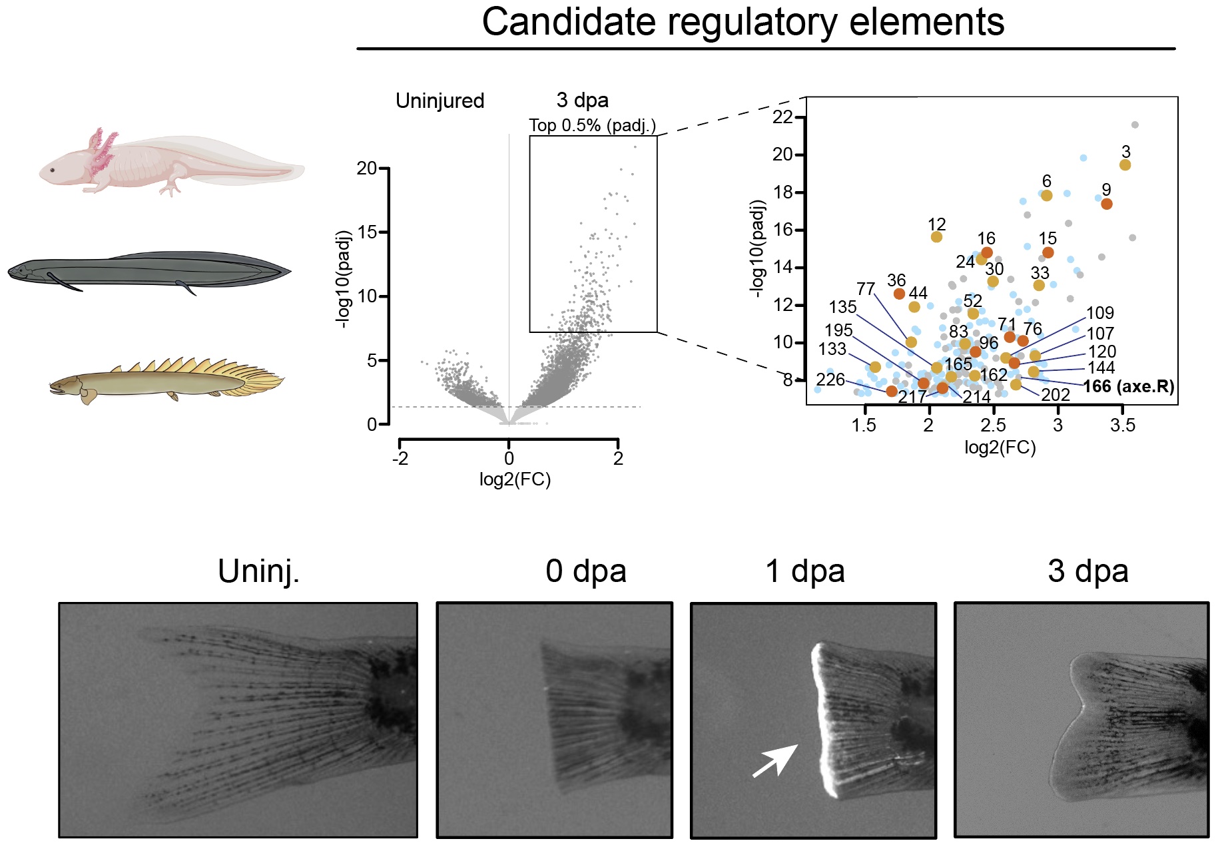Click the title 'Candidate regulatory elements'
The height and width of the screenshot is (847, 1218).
pyautogui.click(x=743, y=22)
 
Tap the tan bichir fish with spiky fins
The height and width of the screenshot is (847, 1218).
pyautogui.click(x=166, y=382)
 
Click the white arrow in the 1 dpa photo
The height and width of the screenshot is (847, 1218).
pyautogui.click(x=776, y=760)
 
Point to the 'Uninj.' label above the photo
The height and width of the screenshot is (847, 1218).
pyautogui.click(x=258, y=571)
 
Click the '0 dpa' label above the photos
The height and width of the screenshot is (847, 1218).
pyautogui.click(x=586, y=571)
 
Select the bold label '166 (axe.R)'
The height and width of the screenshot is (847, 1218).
pyautogui.click(x=1128, y=387)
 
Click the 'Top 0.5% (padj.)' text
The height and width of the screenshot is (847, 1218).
pyautogui.click(x=592, y=125)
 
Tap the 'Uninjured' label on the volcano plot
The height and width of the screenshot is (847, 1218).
pyautogui.click(x=440, y=101)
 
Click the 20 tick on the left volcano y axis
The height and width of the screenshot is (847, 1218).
pyautogui.click(x=366, y=168)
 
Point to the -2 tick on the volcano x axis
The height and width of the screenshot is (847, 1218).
pyautogui.click(x=400, y=458)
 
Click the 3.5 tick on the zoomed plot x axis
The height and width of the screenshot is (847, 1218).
pyautogui.click(x=1122, y=425)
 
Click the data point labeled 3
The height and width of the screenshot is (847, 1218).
pyautogui.click(x=1125, y=165)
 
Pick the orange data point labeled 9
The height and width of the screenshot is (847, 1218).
pyautogui.click(x=1106, y=204)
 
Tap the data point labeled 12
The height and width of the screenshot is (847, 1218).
pyautogui.click(x=936, y=237)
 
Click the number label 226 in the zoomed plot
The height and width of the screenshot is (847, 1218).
pyautogui.click(x=830, y=380)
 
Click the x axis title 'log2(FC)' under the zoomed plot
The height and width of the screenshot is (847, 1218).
pyautogui.click(x=1000, y=447)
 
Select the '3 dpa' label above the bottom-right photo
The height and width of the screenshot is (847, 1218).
pyautogui.click(x=1087, y=571)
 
